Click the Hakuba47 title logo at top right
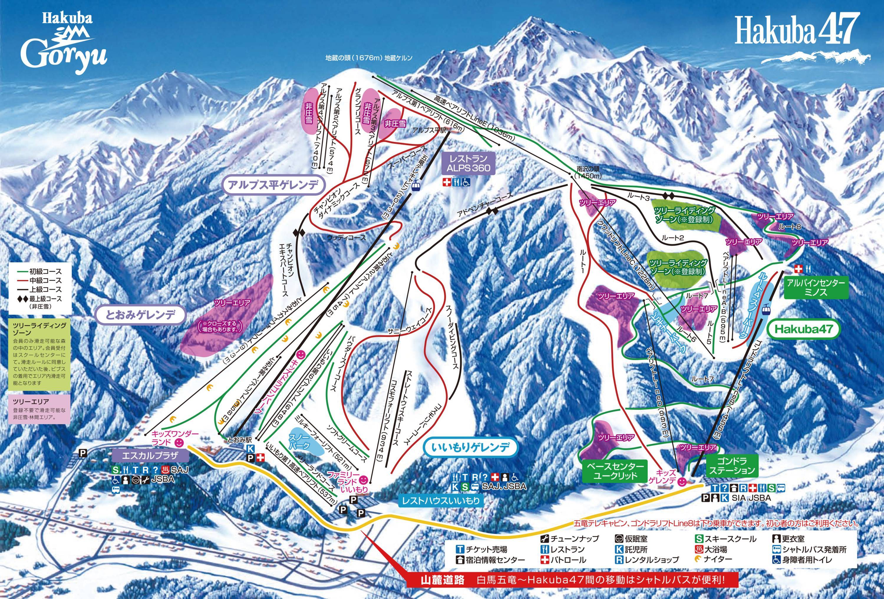795,30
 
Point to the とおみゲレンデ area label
140,315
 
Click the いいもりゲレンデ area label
471,448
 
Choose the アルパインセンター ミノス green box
816,288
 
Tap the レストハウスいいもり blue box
441,501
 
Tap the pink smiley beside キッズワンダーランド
178,442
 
